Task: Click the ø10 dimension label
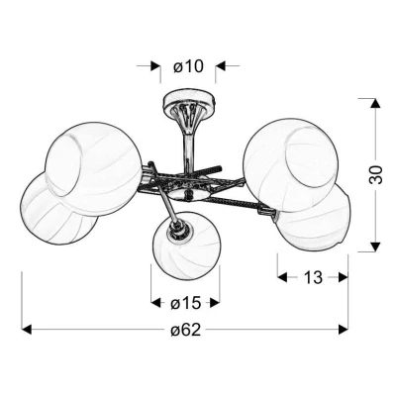188,66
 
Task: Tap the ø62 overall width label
186,330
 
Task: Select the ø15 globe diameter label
185,303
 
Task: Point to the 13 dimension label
313,277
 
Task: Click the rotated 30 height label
376,174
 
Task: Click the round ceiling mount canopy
189,100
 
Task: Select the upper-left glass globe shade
93,169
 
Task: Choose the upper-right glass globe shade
290,165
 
